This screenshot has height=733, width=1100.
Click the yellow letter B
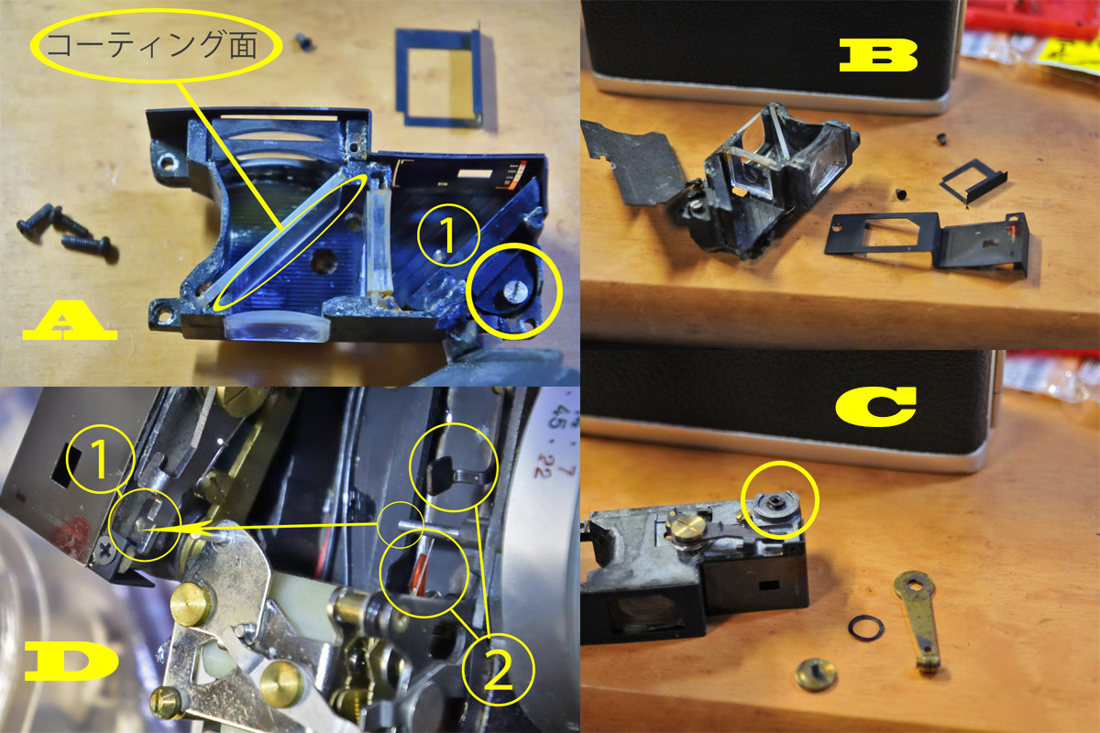[878, 56]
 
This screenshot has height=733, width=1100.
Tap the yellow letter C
[875, 407]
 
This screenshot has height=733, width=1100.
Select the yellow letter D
[71, 662]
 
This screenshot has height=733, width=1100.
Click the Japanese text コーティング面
[152, 45]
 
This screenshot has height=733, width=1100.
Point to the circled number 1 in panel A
[447, 235]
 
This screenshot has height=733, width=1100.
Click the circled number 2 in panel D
[498, 670]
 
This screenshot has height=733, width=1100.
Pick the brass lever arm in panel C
[918, 618]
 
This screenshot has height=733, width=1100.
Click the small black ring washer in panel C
[865, 628]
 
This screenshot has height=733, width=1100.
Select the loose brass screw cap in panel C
[815, 674]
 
